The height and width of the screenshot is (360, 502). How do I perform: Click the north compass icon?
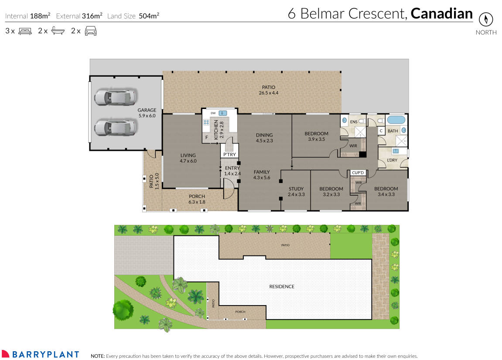point(485,20)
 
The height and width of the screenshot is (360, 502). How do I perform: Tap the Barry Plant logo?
point(41,354)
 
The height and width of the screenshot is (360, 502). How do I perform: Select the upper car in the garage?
point(116,97)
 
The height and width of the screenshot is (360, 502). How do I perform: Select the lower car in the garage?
point(116,128)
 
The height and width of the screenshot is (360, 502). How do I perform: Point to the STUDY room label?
point(296,189)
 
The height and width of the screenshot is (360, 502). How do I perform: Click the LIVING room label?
point(188,155)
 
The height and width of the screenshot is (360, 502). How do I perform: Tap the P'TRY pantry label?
point(229,155)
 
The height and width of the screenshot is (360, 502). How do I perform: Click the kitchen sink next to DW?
point(223,113)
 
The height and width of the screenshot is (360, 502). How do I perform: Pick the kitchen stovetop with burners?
point(206,122)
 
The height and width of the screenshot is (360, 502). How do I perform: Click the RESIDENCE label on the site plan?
point(281,286)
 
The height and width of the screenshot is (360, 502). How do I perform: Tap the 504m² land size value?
point(149,16)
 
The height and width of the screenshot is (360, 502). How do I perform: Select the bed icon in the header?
point(25,31)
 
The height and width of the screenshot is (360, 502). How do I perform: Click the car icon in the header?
point(90,31)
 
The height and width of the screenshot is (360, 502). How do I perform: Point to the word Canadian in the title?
point(441,14)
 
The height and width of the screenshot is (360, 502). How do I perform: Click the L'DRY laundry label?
point(392,160)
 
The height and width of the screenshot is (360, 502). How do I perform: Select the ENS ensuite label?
point(354,122)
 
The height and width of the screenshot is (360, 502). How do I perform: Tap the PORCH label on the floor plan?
point(197,196)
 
